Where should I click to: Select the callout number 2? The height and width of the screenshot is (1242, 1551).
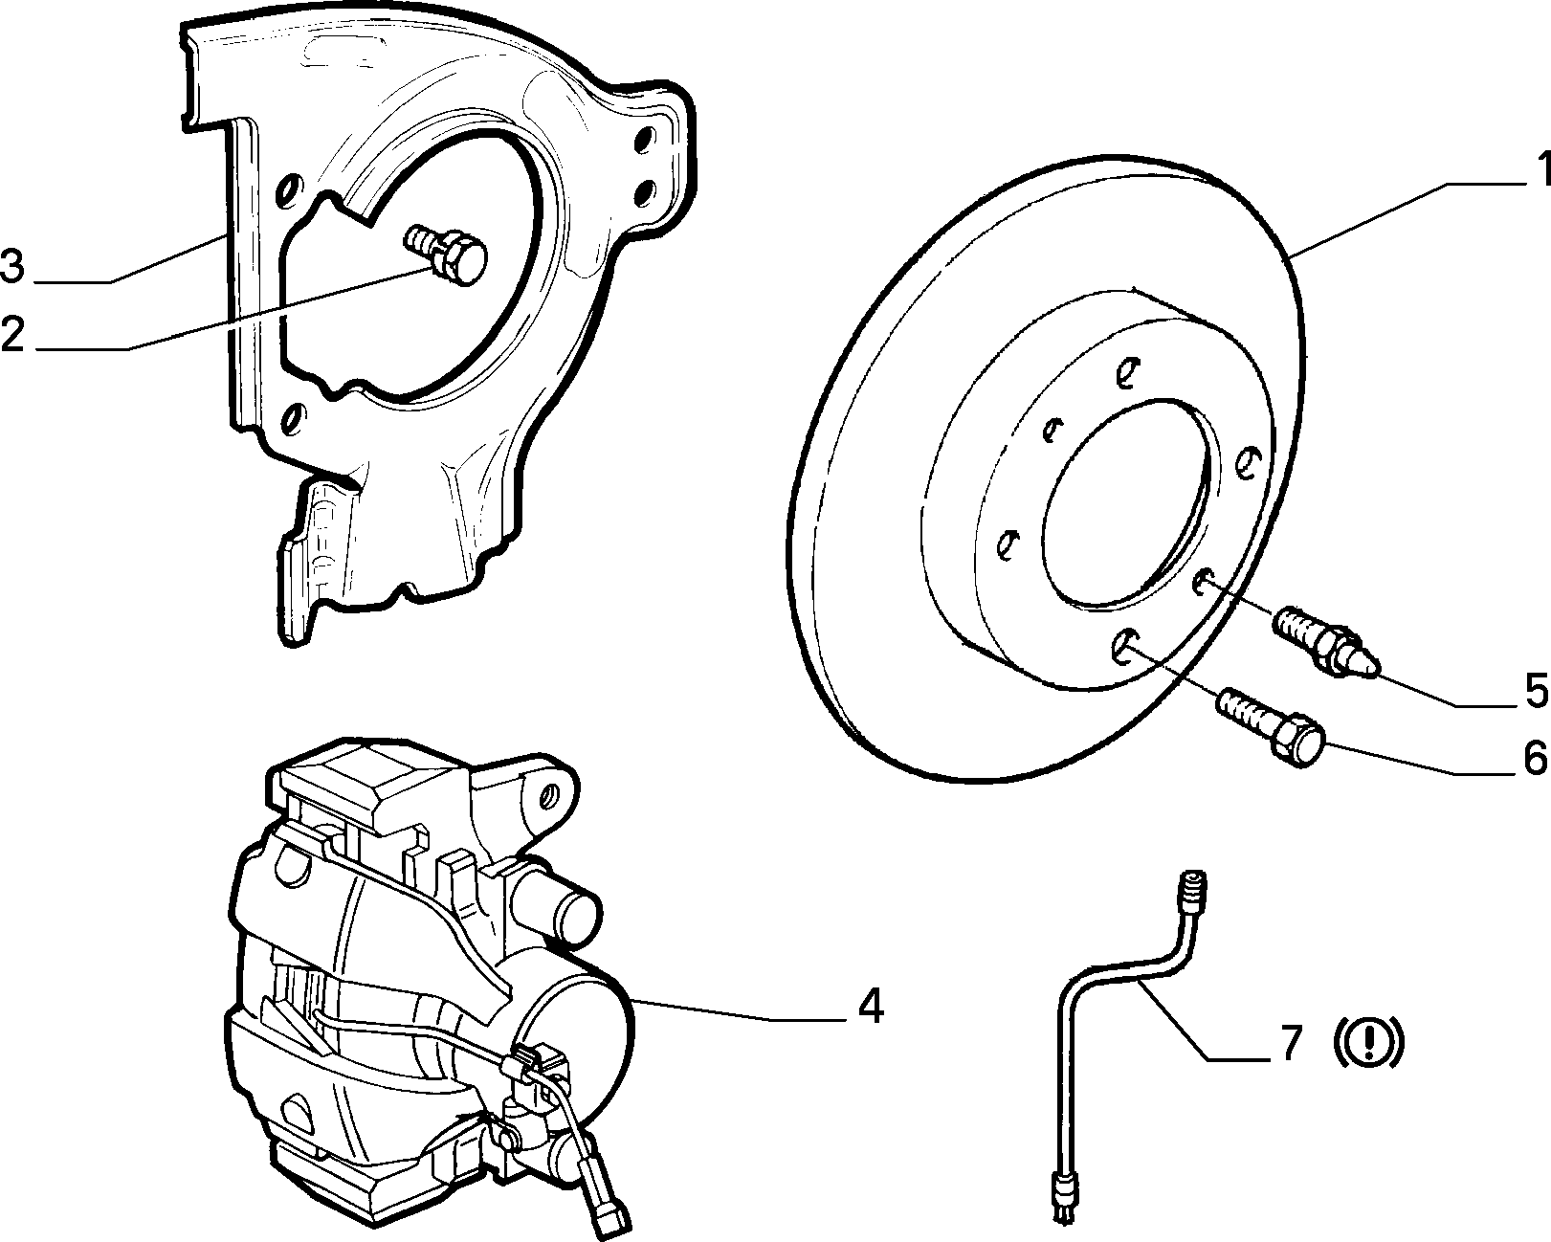13,334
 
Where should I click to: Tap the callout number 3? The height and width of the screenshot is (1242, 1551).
13,265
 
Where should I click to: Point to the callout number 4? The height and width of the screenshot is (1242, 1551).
870,1007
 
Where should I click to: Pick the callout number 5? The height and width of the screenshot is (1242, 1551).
1536,690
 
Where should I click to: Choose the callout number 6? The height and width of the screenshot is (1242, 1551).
1536,757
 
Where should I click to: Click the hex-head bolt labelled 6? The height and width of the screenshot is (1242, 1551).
1271,728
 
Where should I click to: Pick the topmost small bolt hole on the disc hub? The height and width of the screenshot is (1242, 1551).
1125,372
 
